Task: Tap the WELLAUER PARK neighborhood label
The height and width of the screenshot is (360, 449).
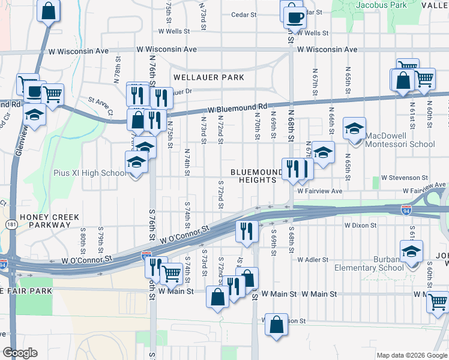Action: pyautogui.click(x=209, y=77)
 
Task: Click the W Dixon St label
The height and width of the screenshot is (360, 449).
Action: pyautogui.click(x=360, y=226)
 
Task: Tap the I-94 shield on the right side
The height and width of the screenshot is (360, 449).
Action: pyautogui.click(x=406, y=211)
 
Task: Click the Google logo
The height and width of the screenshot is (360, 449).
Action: pyautogui.click(x=19, y=353)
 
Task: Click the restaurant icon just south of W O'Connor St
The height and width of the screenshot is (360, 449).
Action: pyautogui.click(x=247, y=230)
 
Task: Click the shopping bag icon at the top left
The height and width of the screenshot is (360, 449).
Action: pyautogui.click(x=49, y=10)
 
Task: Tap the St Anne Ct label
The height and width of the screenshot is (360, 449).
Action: pyautogui.click(x=100, y=106)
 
